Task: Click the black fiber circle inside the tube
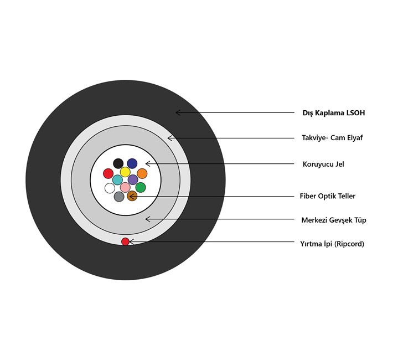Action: [x=118, y=163]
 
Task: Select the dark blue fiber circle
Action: [x=132, y=163]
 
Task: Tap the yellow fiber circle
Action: [x=125, y=172]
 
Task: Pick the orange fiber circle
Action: [x=142, y=173]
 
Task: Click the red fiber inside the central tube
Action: [x=108, y=173]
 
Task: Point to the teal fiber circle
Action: [x=117, y=180]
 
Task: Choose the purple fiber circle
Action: [x=133, y=179]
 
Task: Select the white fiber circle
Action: [x=110, y=188]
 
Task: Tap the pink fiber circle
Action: [x=125, y=187]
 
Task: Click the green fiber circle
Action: [x=141, y=187]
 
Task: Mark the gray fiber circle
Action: [x=119, y=197]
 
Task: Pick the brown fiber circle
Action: [x=132, y=196]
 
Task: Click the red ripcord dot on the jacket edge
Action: [x=126, y=241]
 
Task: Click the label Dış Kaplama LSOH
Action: [x=334, y=113]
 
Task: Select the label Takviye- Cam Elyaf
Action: [x=332, y=138]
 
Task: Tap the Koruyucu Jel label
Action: [x=323, y=164]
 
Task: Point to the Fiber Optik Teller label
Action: [x=328, y=196]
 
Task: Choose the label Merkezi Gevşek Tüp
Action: [x=334, y=220]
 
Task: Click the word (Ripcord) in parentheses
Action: [x=349, y=244]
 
